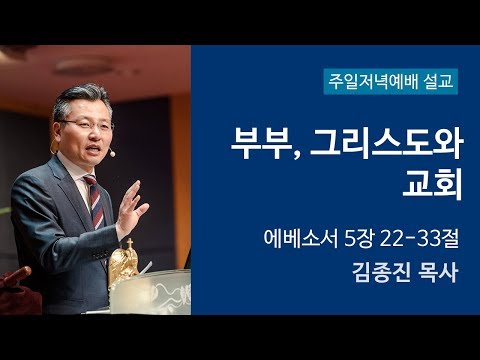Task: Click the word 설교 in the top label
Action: tap(438, 81)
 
